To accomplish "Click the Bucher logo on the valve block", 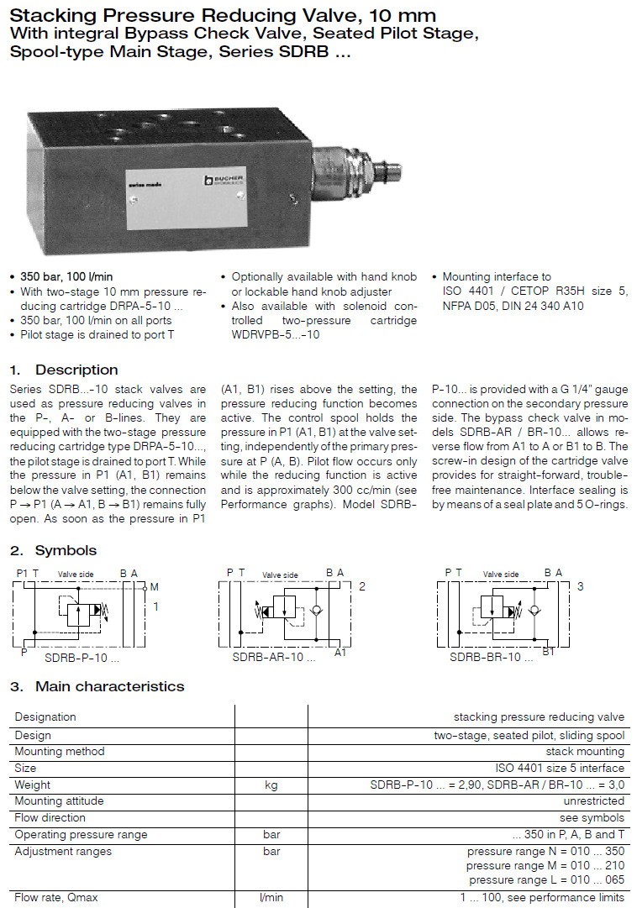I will (x=221, y=181).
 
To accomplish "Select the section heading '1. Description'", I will (x=64, y=370).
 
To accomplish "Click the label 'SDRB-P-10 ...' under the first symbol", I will (x=81, y=658).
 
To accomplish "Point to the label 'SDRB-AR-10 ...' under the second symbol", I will (x=273, y=658).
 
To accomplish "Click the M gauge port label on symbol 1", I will (x=154, y=587).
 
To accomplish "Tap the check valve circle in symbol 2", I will (x=317, y=611).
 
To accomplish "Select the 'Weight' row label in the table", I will (x=33, y=785).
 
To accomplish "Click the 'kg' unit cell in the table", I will (x=271, y=785).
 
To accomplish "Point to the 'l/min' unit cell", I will (x=271, y=898).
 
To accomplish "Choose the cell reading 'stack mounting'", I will (x=585, y=751).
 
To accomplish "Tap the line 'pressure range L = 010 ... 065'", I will (x=546, y=880).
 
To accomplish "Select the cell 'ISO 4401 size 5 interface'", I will (x=560, y=768).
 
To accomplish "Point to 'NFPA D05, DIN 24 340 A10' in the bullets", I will (x=513, y=307).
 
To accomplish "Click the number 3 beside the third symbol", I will (x=580, y=586).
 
